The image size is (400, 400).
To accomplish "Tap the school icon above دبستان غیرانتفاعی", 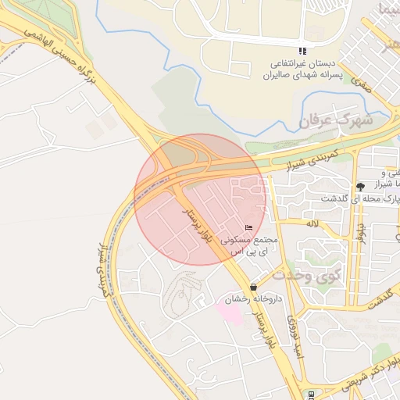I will [302, 52].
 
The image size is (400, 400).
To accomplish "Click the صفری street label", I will [360, 83].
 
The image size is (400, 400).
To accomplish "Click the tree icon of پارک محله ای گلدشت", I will [360, 187].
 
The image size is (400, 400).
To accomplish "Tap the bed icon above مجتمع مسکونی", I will [248, 227].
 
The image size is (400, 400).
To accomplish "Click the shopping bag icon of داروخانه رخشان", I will [253, 287].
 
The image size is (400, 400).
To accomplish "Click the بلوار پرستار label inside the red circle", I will [197, 227].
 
